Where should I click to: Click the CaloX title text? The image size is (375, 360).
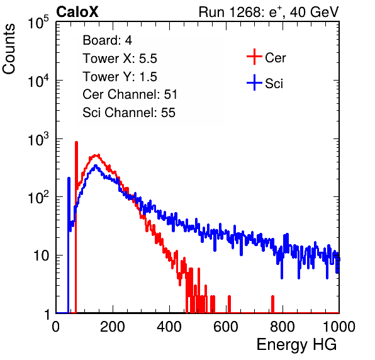click(x=77, y=12)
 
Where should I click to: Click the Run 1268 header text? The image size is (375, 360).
click(x=269, y=12)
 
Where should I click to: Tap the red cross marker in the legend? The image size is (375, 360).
click(x=254, y=57)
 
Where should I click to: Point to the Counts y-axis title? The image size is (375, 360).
click(x=9, y=49)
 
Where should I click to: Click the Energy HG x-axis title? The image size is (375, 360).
click(x=296, y=344)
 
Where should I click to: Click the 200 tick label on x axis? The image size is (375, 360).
click(x=113, y=327)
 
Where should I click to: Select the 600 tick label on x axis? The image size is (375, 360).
click(x=226, y=327)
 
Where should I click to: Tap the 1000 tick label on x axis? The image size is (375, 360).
click(x=339, y=327)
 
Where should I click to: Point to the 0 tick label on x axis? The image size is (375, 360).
click(x=56, y=327)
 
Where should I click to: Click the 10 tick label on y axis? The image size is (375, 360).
click(x=42, y=256)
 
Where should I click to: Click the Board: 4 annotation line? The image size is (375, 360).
click(x=107, y=40)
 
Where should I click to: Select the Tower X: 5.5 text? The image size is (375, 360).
click(x=120, y=59)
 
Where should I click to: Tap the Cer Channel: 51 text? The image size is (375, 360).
click(x=130, y=94)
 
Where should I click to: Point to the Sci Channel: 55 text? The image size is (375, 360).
click(x=129, y=113)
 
